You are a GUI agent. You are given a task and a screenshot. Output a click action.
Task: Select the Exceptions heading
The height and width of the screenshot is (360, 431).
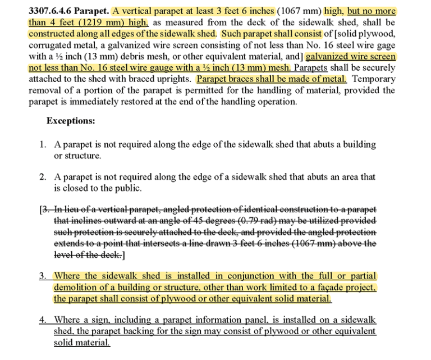coord(71,121)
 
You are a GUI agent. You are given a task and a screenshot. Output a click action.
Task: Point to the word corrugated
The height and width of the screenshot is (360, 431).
coord(49,45)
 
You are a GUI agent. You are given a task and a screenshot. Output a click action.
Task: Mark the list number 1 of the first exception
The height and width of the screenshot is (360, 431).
coord(43,144)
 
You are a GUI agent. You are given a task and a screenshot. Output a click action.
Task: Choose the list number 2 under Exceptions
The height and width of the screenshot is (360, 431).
coord(43,176)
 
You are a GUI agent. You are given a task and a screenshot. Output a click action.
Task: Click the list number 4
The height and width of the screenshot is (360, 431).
coord(43,320)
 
